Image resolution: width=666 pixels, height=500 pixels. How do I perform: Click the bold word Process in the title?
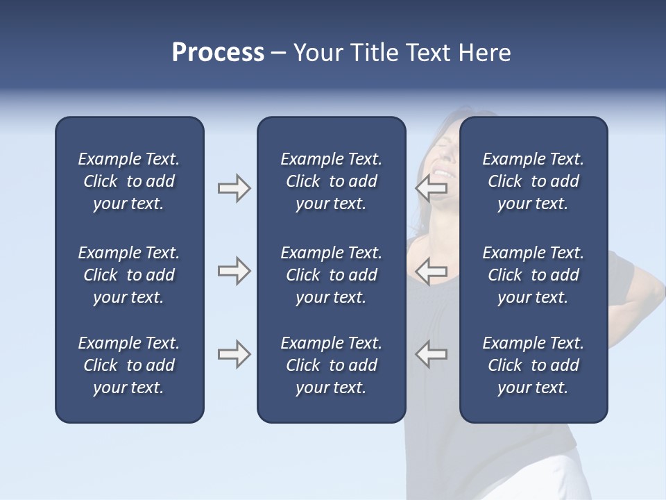[x=218, y=53]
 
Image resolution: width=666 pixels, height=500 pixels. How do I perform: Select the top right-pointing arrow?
[x=234, y=188]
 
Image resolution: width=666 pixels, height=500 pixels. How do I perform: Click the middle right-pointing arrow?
[x=234, y=271]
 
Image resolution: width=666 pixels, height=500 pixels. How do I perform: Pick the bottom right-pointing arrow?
[x=234, y=354]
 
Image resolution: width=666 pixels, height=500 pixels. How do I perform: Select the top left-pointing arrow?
[x=432, y=188]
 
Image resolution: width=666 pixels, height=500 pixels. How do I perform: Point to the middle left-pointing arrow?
[x=432, y=271]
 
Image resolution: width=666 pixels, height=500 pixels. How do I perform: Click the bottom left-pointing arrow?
[x=432, y=354]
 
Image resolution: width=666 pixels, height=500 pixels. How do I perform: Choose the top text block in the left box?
[x=129, y=181]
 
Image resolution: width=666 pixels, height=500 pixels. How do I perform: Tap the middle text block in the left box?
[x=129, y=275]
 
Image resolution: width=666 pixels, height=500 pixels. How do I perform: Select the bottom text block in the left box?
[x=129, y=365]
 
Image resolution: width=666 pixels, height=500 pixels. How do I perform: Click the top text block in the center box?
[x=331, y=181]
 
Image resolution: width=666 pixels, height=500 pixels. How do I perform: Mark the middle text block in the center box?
[x=331, y=275]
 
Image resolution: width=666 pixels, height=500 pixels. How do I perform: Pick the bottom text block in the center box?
[x=331, y=365]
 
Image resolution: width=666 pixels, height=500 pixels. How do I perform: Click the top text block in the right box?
[x=533, y=181]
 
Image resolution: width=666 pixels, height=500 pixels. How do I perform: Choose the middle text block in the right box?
[x=533, y=275]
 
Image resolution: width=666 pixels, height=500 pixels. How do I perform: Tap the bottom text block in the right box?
[x=533, y=365]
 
